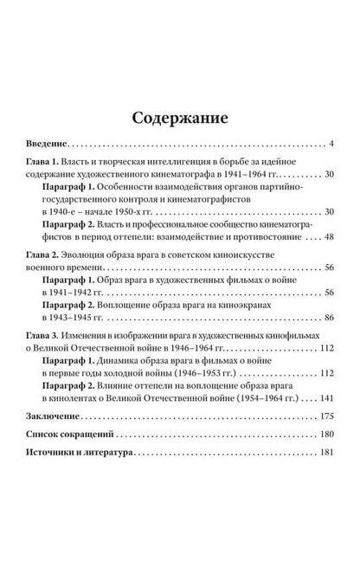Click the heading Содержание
click(180, 116)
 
